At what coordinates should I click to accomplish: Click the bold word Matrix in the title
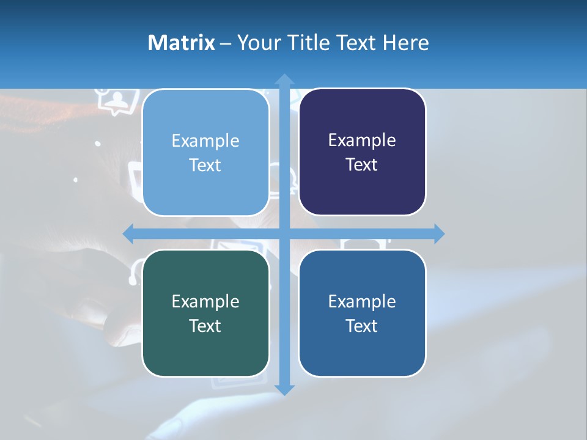click(x=182, y=43)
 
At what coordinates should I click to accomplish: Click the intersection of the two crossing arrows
click(x=284, y=233)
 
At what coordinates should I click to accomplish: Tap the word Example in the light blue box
click(x=205, y=141)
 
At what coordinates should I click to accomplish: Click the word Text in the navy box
click(x=362, y=165)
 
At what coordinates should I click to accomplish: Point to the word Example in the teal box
click(x=205, y=301)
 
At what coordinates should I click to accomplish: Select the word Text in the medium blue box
click(x=362, y=326)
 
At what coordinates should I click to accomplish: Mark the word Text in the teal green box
click(x=205, y=326)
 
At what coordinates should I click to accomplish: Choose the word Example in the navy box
click(x=362, y=141)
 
